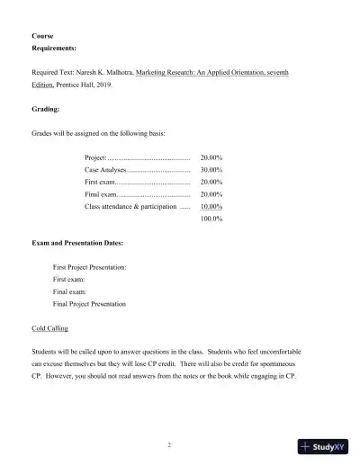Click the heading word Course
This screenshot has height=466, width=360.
point(41,36)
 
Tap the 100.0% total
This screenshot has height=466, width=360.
point(211,219)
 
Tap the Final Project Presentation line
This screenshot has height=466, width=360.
point(89,304)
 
